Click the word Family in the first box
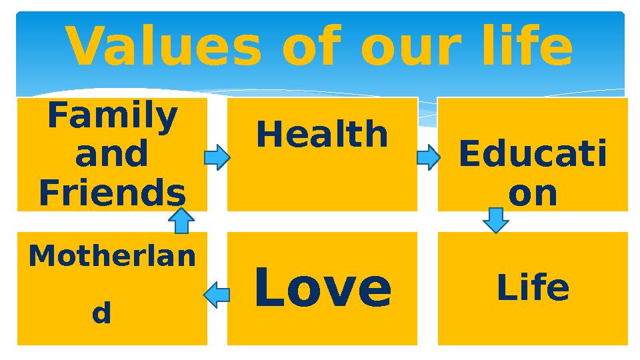click(x=112, y=117)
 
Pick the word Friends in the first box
click(x=112, y=193)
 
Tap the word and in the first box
click(x=112, y=155)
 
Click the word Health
click(x=322, y=135)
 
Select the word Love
click(x=323, y=287)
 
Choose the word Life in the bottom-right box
click(x=533, y=288)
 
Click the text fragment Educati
click(x=533, y=155)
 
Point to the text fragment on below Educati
click(x=533, y=193)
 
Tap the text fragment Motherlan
click(x=112, y=256)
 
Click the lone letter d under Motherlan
click(x=101, y=313)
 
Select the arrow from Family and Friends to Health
click(x=217, y=158)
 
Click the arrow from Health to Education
click(x=428, y=158)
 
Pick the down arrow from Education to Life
click(x=495, y=220)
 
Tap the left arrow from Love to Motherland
click(x=217, y=294)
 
